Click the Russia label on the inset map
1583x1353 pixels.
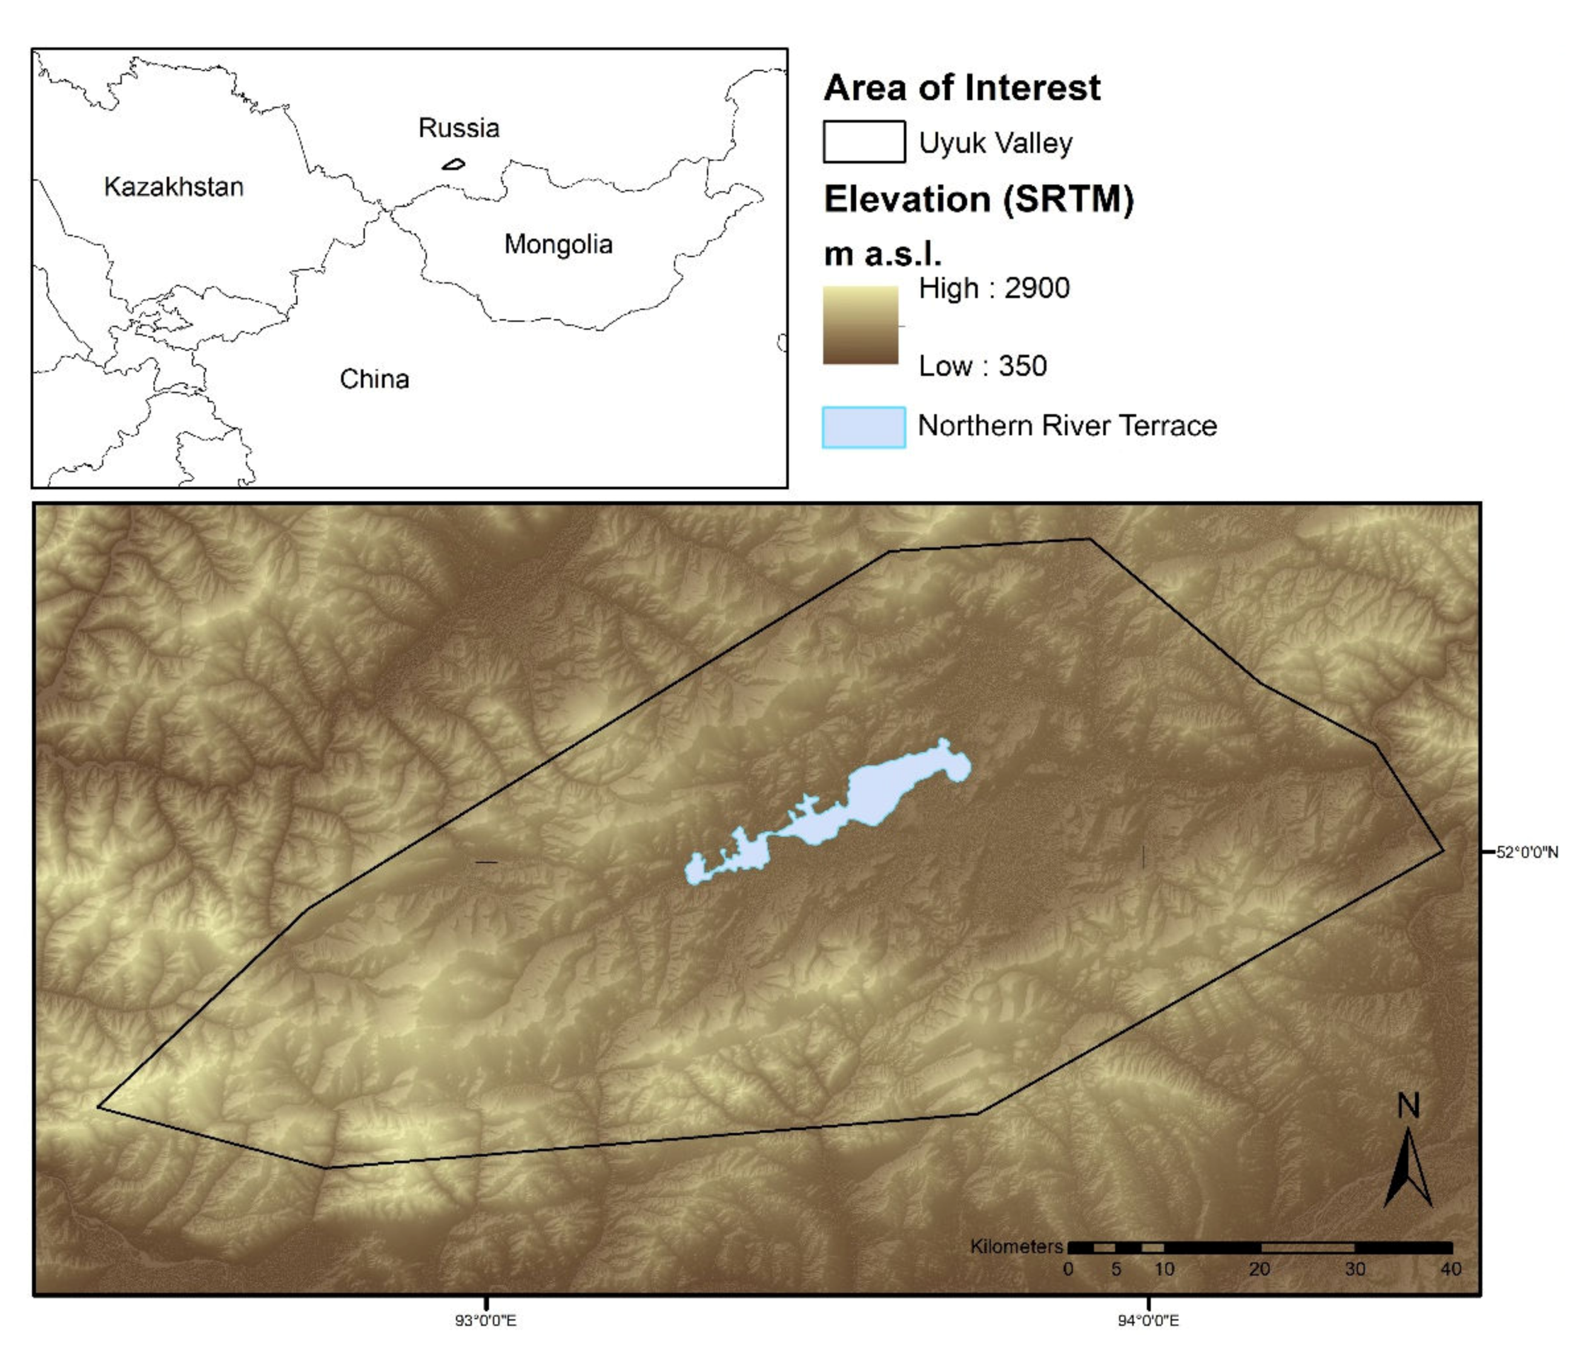(x=458, y=128)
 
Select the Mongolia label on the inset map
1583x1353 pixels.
(x=558, y=245)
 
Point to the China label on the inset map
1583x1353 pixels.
(x=374, y=379)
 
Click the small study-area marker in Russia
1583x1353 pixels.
(x=454, y=164)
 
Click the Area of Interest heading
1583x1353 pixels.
(x=962, y=88)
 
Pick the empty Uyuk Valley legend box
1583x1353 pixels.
(x=864, y=142)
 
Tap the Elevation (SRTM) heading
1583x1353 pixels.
(x=979, y=199)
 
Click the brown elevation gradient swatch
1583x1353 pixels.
(x=861, y=325)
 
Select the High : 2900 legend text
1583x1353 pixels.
(x=994, y=289)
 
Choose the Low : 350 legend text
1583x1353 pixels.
(x=982, y=366)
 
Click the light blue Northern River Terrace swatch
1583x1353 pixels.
(x=864, y=427)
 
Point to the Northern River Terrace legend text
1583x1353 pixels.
(x=1066, y=426)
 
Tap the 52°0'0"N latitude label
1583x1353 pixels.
(x=1527, y=852)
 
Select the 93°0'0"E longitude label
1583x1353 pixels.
(x=486, y=1320)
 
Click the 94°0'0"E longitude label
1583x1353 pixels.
(x=1148, y=1320)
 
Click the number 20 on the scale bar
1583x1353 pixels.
(x=1259, y=1269)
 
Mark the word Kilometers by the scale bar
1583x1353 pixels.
(x=1016, y=1246)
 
